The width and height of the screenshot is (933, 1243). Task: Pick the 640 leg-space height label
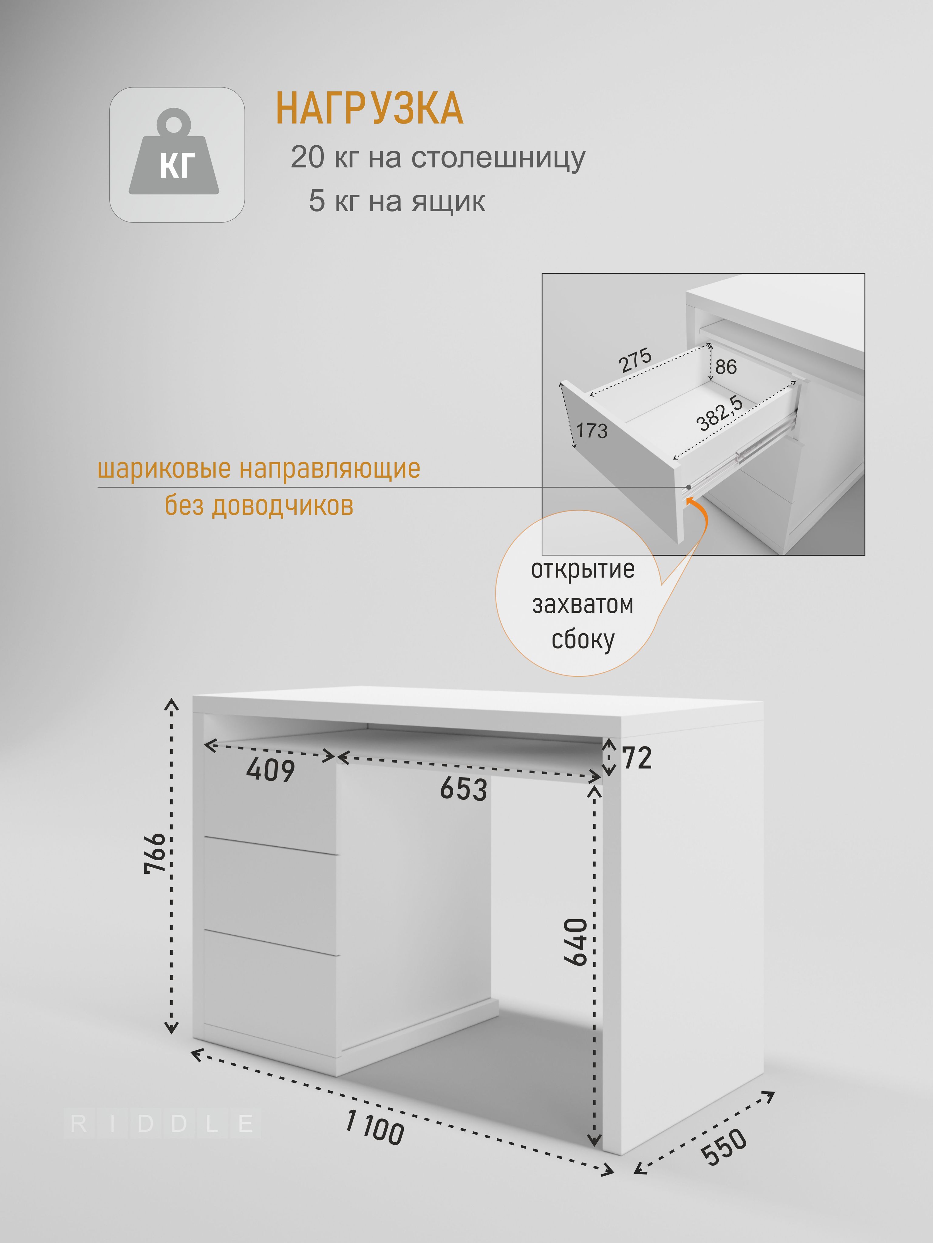(576, 942)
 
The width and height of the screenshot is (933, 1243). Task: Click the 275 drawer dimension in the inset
(636, 360)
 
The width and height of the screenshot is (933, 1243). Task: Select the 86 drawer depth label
(726, 367)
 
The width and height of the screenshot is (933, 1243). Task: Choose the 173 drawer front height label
(592, 431)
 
